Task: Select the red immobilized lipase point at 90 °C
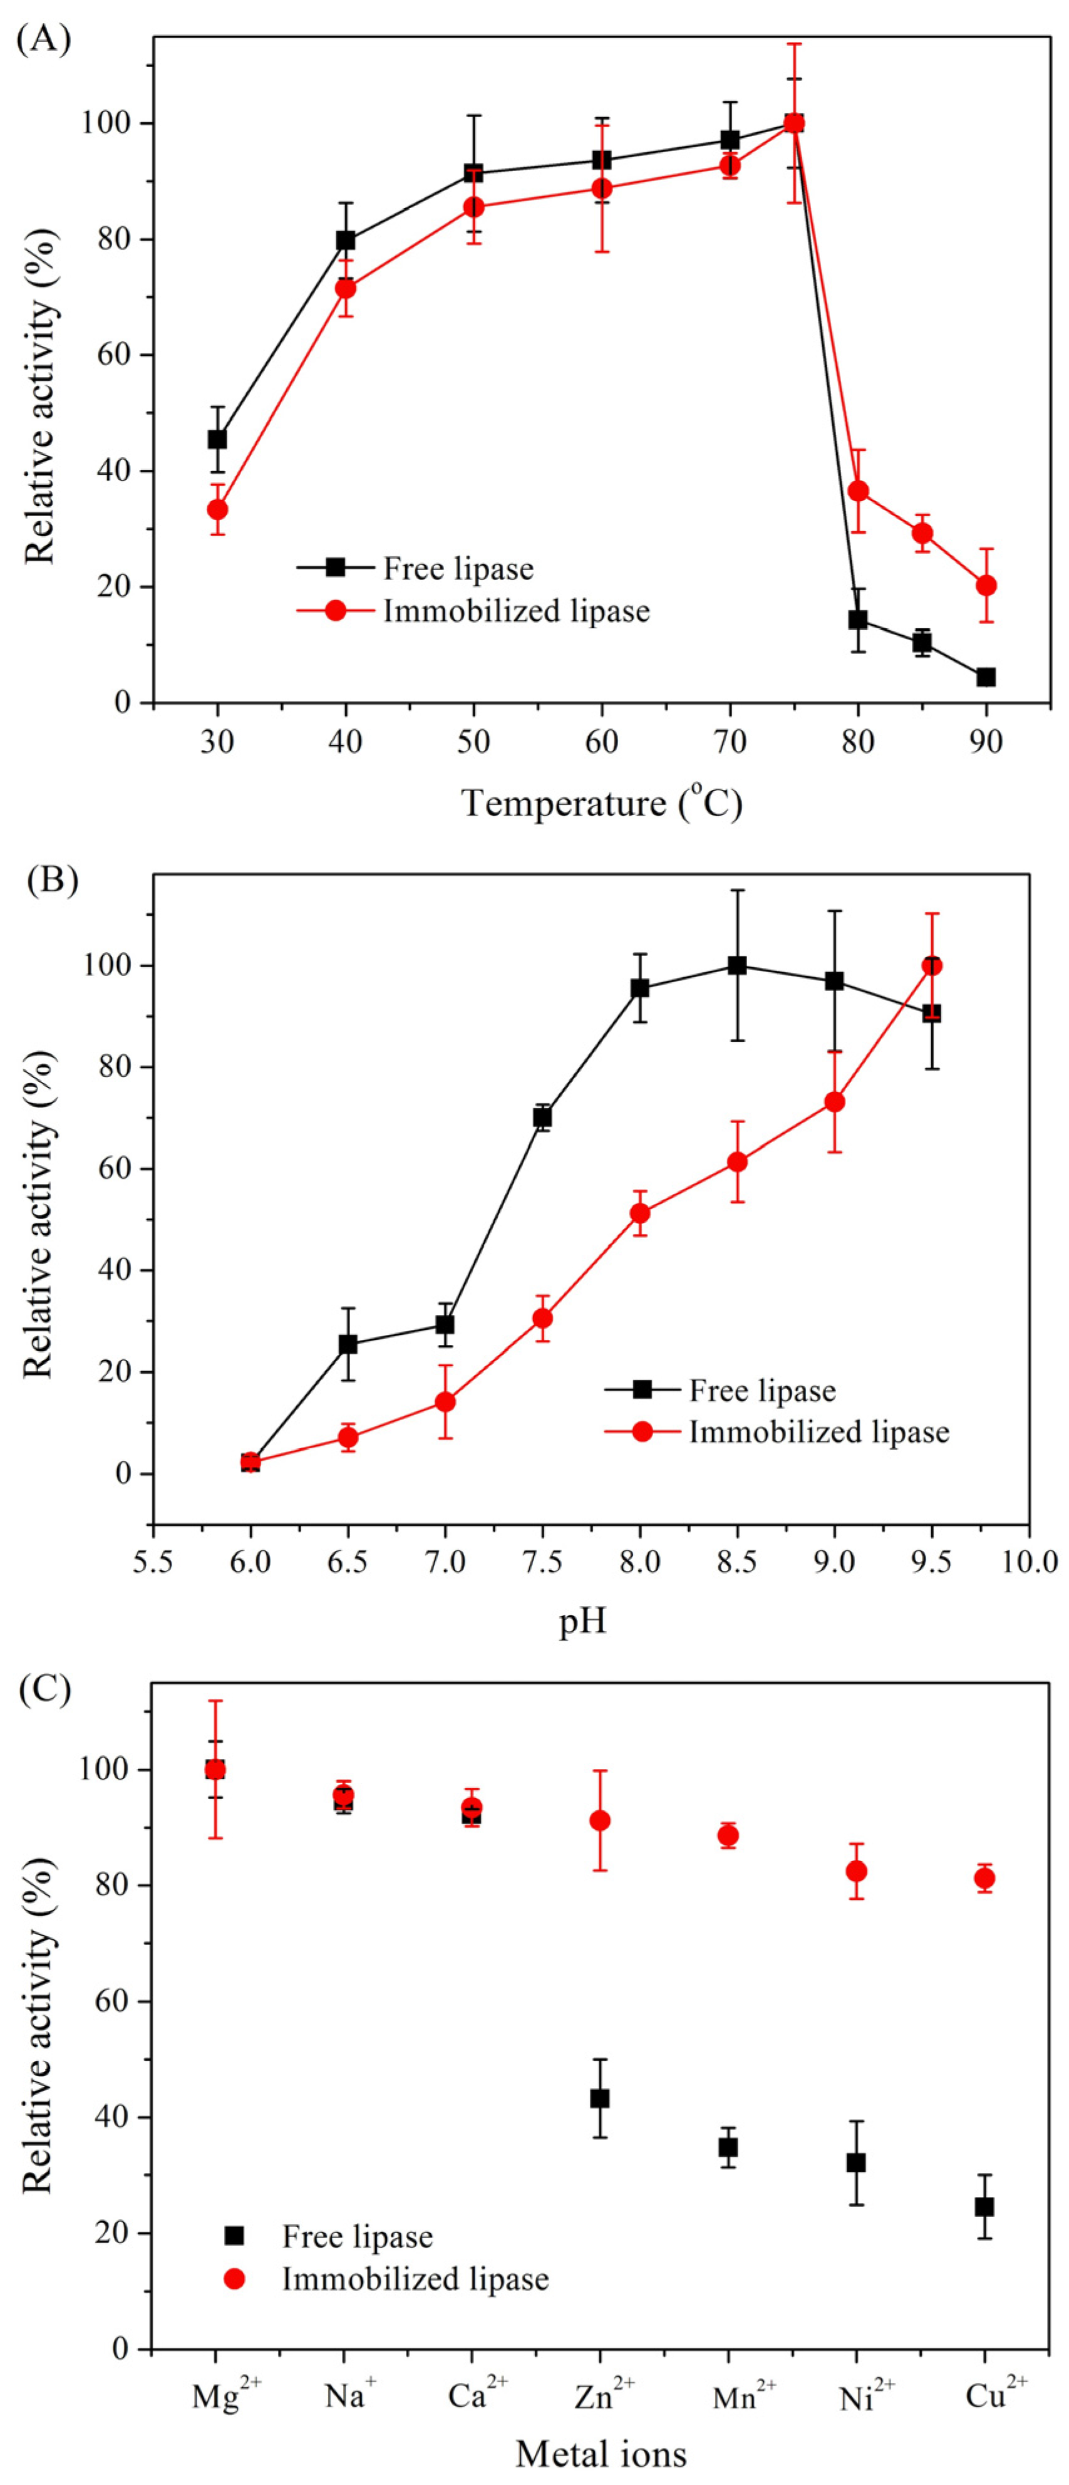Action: coord(985,586)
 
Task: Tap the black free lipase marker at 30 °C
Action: coord(217,439)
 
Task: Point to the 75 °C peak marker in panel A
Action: coord(793,123)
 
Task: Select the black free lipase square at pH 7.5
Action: coord(542,1117)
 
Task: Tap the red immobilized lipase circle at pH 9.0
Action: coord(835,1102)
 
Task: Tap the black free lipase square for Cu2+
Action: coord(984,2206)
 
